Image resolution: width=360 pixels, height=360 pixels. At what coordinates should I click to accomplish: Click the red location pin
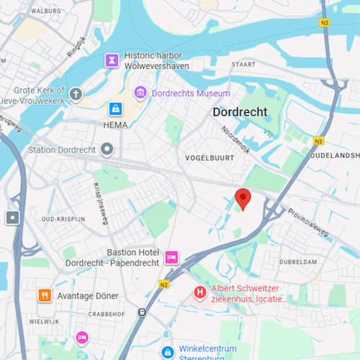[x=243, y=198]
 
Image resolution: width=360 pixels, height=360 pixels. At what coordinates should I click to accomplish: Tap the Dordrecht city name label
[x=240, y=112]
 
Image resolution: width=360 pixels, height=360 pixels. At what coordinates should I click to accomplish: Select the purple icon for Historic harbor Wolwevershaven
[x=111, y=60]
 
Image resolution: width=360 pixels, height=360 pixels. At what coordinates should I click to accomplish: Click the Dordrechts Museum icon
[x=140, y=93]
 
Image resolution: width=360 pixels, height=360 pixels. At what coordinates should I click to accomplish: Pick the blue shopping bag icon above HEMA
[x=114, y=109]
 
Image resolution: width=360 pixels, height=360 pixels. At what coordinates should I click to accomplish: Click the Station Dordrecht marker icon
[x=107, y=150]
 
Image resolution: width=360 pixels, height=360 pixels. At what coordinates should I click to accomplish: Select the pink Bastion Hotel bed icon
[x=171, y=257]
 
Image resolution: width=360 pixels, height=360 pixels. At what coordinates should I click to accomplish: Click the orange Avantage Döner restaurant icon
[x=45, y=295]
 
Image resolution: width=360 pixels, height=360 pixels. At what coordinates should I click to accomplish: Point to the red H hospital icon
[x=199, y=293]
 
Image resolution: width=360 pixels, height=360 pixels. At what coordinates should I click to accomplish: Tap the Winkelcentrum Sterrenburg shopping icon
[x=167, y=352]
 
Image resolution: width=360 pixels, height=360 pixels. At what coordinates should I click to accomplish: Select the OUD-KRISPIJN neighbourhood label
[x=63, y=218]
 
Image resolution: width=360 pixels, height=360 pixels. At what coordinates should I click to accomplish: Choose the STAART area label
[x=243, y=64]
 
